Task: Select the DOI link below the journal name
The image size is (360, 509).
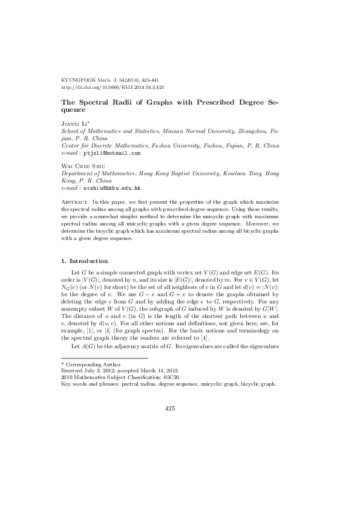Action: coord(113,87)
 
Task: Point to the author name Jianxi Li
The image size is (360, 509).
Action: coord(74,122)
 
